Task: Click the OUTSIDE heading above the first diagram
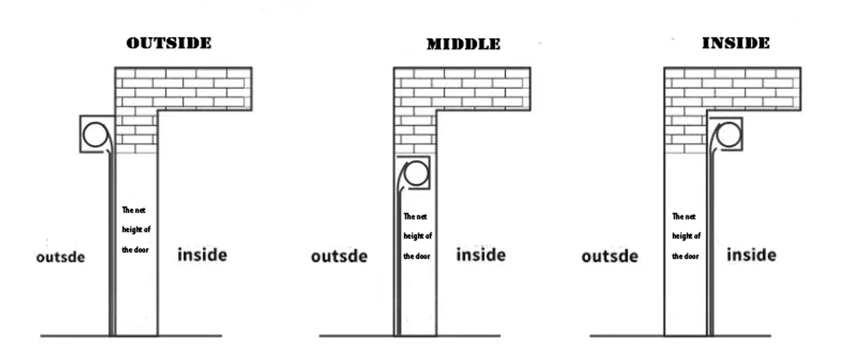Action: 169,43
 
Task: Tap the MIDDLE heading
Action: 464,44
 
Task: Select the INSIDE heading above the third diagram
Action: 736,43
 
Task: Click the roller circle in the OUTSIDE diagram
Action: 95,135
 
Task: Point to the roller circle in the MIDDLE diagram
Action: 415,173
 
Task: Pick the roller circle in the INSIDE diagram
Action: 729,134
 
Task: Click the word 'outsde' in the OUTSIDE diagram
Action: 61,256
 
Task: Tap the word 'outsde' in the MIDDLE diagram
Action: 339,256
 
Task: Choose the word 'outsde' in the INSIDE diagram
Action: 610,256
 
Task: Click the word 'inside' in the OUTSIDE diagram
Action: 202,254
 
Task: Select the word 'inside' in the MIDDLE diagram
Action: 480,254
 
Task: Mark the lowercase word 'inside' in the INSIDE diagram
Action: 751,254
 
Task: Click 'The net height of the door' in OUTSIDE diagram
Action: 136,230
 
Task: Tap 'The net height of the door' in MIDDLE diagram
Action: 417,236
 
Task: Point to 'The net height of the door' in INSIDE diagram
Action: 686,236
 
